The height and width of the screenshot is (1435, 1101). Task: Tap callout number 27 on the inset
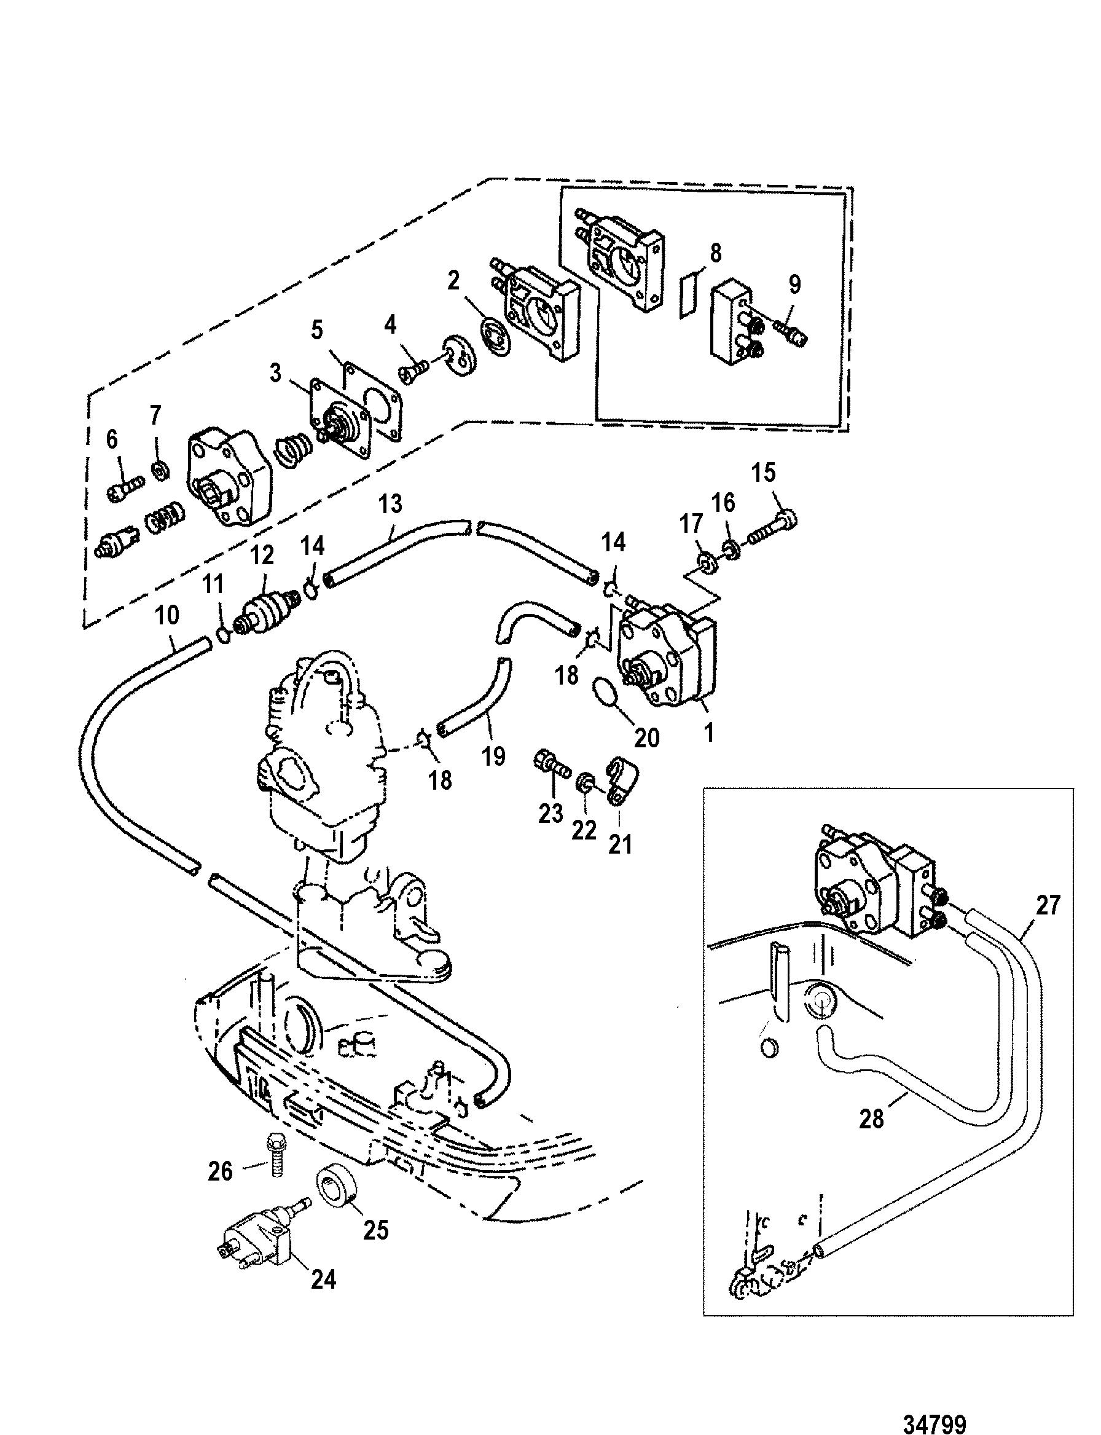click(x=1048, y=905)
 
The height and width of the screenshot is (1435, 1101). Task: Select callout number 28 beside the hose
click(x=872, y=1119)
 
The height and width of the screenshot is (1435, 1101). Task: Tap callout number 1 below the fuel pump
click(x=708, y=733)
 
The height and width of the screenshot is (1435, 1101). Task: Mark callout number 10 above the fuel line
click(x=167, y=616)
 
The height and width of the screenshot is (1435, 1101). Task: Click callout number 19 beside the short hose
click(x=493, y=756)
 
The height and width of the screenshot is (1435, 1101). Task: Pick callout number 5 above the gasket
click(x=317, y=330)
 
